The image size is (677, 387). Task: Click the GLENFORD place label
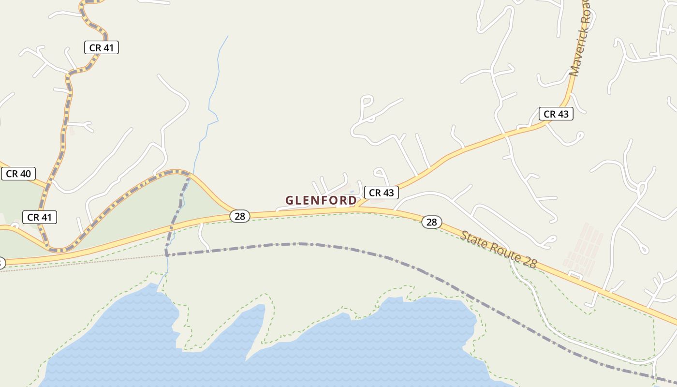[x=321, y=200]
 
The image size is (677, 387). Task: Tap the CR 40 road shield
[x=18, y=174]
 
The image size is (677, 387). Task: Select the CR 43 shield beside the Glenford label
[x=381, y=193]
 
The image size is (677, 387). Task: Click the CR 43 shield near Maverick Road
[x=556, y=114]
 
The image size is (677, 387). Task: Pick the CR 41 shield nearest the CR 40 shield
[x=39, y=217]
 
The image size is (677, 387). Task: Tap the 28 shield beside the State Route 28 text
[x=431, y=222]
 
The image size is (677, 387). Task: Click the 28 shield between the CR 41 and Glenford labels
[x=240, y=216]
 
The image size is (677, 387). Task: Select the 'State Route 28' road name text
[x=498, y=250]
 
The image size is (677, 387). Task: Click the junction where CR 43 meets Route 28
[x=357, y=207]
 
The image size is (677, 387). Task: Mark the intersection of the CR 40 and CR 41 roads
[x=47, y=185]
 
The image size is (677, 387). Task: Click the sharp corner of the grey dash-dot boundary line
[x=166, y=254]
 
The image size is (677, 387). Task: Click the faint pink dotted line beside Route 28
[x=73, y=264]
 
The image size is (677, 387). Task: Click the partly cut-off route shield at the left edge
[x=1, y=263]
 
